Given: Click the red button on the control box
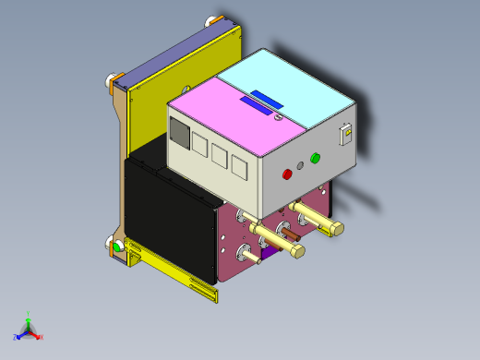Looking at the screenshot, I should tap(286, 173).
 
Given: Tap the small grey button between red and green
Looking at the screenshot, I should tap(300, 166).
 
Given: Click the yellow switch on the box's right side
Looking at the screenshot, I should tap(347, 135).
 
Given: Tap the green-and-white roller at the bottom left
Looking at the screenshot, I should tap(117, 246).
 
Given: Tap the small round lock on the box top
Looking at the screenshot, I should tap(278, 116).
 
